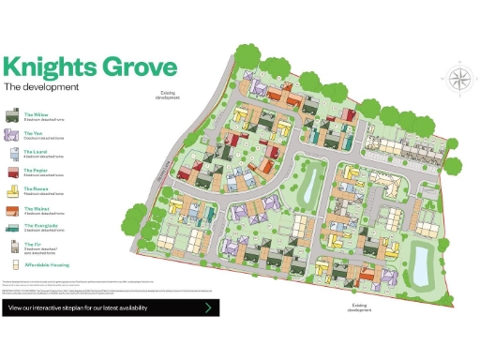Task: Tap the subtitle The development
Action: (41, 87)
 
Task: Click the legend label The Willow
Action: (36, 113)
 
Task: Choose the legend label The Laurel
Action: (35, 150)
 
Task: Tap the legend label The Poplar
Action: (35, 169)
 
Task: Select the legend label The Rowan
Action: (35, 187)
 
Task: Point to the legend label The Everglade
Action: (38, 225)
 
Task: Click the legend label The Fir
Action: (31, 244)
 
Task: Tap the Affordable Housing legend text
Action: (44, 264)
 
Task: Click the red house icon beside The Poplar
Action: (12, 172)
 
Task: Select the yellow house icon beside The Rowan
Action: (12, 190)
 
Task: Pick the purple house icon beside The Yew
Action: (12, 135)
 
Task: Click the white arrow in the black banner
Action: (208, 307)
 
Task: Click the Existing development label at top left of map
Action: (167, 94)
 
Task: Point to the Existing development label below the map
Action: (362, 307)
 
